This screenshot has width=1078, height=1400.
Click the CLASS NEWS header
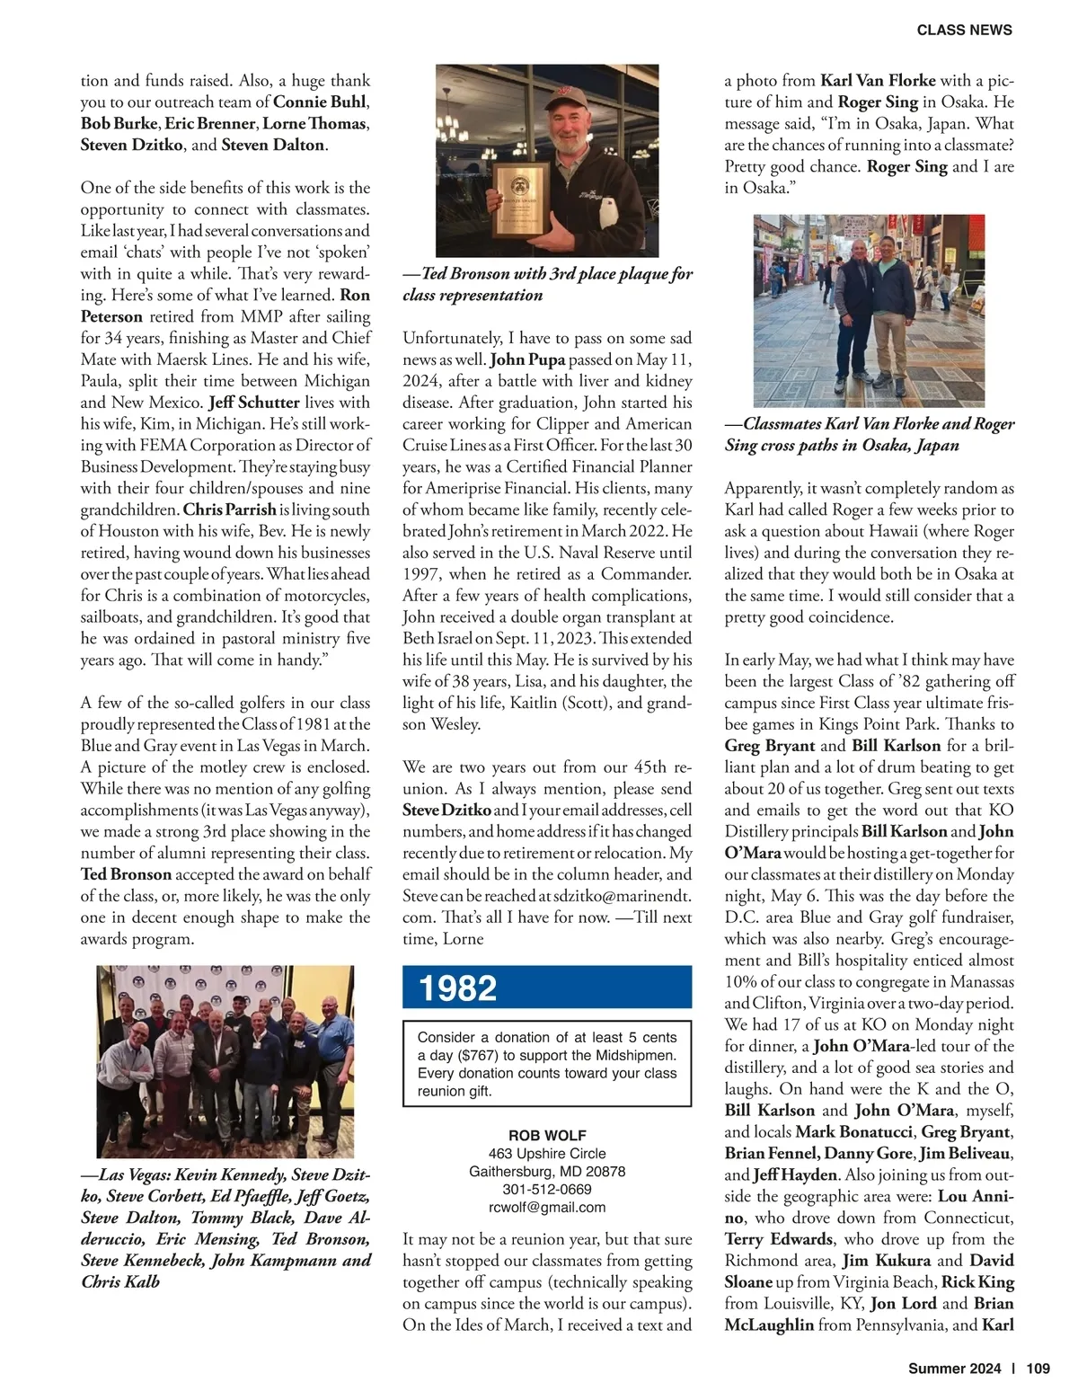(x=964, y=30)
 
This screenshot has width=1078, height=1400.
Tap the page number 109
(x=1038, y=1369)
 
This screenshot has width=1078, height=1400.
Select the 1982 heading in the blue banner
(x=457, y=988)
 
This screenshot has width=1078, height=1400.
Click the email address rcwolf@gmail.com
(x=547, y=1207)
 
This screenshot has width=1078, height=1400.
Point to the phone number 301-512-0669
(x=547, y=1189)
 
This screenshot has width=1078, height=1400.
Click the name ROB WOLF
(x=547, y=1135)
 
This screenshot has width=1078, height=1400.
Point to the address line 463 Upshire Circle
(x=547, y=1153)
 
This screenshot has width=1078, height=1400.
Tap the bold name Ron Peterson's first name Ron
(x=355, y=295)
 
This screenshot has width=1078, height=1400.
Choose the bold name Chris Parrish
(x=230, y=509)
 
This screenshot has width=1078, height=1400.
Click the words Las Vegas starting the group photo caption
(x=133, y=1174)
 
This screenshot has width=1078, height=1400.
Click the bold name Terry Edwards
(x=779, y=1239)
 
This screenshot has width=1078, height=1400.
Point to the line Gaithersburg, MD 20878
(x=547, y=1171)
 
